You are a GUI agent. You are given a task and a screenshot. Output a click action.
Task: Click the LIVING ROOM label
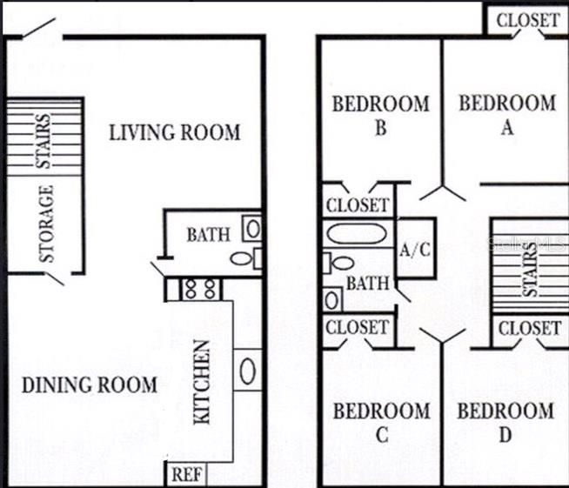[x=174, y=133]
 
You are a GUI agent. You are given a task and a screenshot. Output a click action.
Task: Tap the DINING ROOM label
[x=89, y=384]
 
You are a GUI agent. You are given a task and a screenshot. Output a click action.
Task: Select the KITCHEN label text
[x=201, y=382]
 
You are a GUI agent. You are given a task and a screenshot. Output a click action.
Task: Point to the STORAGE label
[x=47, y=224]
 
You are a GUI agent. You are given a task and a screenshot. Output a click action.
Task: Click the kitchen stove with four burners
[x=201, y=288]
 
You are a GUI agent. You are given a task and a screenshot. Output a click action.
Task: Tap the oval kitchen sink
[x=246, y=370]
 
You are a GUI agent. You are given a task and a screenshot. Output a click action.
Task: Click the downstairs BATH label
[x=209, y=234]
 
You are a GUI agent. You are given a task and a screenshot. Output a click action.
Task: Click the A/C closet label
[x=415, y=250]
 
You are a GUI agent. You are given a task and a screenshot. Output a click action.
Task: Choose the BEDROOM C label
[x=381, y=422]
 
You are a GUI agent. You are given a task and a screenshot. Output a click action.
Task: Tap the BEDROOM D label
[x=505, y=422]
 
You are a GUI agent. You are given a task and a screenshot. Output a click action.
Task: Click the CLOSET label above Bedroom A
[x=527, y=19]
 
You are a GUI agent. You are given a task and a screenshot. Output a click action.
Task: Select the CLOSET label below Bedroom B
[x=358, y=206]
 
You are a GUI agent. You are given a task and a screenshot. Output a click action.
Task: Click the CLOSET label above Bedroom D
[x=529, y=328]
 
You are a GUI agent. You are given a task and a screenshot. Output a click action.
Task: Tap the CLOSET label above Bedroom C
[x=358, y=328]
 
